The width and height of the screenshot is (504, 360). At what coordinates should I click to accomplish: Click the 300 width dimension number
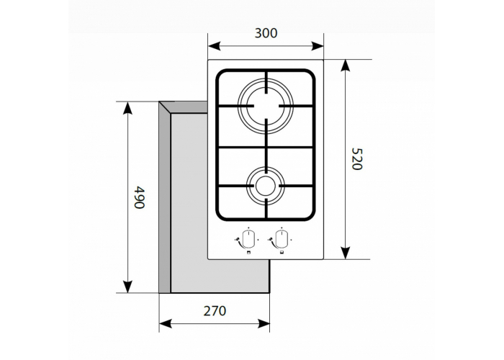266,32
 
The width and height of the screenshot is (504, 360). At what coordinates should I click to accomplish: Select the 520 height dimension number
355,159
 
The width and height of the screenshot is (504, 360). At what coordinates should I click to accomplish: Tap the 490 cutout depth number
140,197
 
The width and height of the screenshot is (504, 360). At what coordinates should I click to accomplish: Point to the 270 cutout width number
214,311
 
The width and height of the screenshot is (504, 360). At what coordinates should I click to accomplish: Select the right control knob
281,238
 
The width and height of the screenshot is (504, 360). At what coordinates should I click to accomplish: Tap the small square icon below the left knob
248,253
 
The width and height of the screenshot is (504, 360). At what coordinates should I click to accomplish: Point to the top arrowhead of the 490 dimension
128,109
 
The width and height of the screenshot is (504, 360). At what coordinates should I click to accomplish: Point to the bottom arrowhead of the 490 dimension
128,287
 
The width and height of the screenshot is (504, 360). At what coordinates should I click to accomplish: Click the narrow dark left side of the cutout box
165,202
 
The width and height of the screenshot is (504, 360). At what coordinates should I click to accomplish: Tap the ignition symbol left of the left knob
238,241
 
